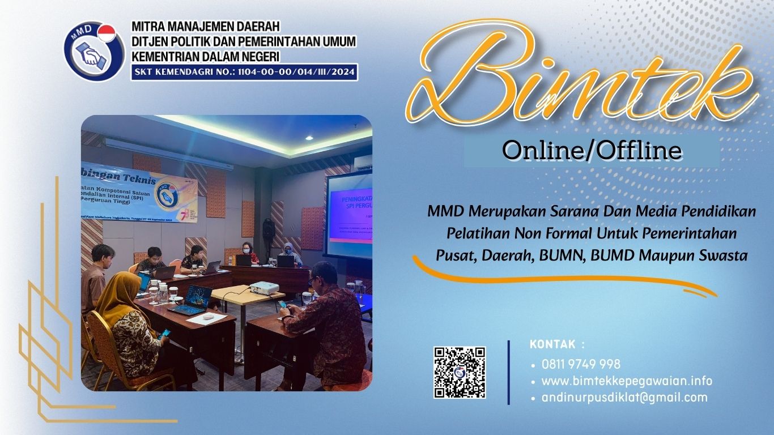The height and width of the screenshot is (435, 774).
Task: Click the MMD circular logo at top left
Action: (93, 52)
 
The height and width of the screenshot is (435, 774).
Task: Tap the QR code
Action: (460, 372)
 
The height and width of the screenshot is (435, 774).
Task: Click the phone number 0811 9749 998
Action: (581, 364)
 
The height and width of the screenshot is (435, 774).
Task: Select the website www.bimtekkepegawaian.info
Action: (627, 381)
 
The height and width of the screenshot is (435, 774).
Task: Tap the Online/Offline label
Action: (592, 151)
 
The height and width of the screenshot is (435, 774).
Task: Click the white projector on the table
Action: (264, 288)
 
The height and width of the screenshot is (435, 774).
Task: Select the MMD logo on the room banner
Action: (167, 193)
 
